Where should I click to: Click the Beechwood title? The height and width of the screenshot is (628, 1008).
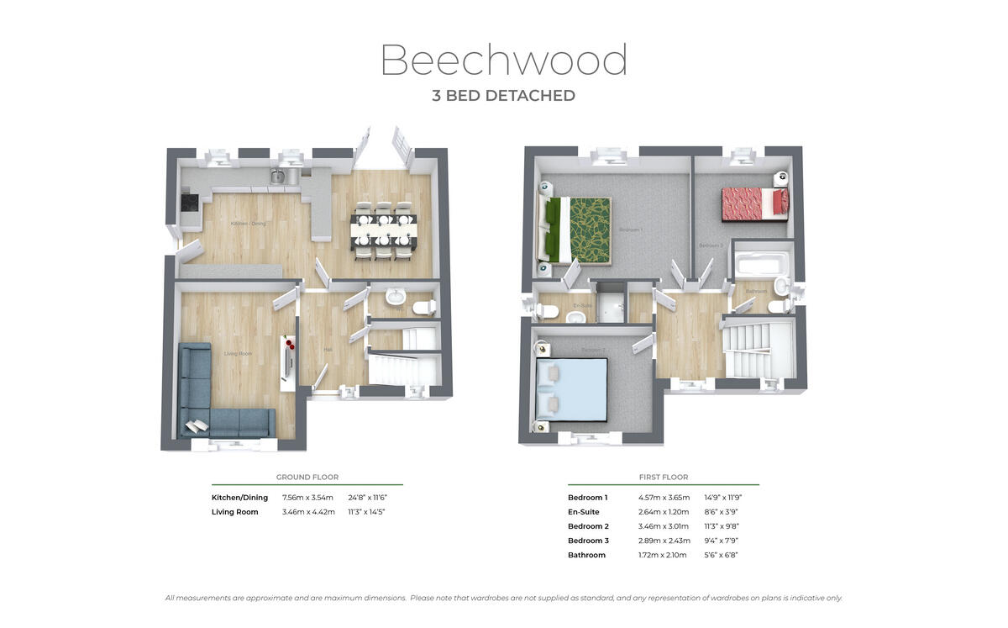click(503, 61)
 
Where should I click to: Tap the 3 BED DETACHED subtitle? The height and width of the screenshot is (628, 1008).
click(503, 96)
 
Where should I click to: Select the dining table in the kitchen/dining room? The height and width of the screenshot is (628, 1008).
click(384, 227)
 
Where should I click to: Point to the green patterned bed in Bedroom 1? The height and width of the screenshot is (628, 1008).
click(580, 228)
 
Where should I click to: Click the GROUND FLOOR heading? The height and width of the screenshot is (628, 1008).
click(307, 477)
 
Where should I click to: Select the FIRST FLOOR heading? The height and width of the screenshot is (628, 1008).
click(663, 477)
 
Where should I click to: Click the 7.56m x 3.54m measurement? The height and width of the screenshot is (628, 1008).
click(308, 498)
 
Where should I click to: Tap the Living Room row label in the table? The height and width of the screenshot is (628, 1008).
click(235, 512)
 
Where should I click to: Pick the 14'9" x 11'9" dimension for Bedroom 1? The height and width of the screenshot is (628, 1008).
click(722, 498)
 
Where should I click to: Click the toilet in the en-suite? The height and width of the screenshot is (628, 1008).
click(547, 310)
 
